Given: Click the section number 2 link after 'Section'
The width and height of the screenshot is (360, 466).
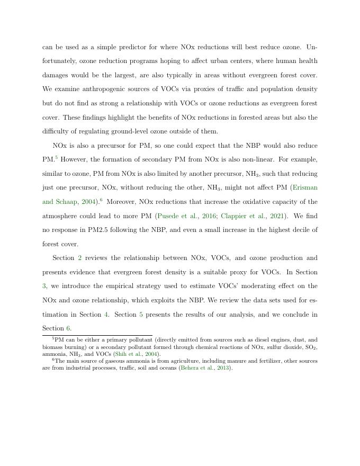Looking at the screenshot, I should (x=80, y=258).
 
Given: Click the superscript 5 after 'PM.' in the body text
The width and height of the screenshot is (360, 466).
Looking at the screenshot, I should (x=56, y=157).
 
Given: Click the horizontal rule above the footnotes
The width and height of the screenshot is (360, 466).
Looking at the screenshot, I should (x=97, y=335).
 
